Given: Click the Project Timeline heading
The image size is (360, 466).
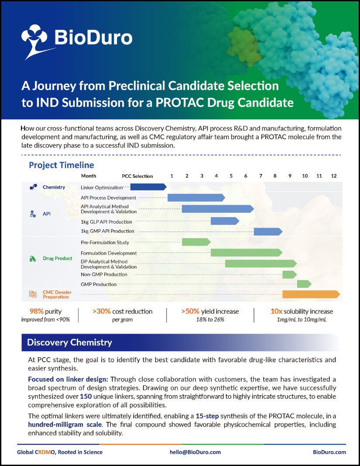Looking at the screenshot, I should click(x=61, y=165).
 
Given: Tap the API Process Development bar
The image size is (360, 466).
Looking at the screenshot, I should click(x=196, y=197).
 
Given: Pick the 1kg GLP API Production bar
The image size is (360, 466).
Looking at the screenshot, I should click(x=225, y=221).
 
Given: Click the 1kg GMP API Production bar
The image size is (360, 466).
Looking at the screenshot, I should click(x=268, y=231).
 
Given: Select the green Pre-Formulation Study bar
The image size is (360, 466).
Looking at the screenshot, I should click(x=196, y=242).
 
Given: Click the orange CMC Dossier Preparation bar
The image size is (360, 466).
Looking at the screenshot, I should click(x=311, y=294).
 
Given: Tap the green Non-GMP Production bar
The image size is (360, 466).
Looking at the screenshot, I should click(x=289, y=274).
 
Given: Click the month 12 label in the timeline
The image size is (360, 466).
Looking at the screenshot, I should click(x=334, y=176).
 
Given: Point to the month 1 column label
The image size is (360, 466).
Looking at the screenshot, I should click(x=172, y=176).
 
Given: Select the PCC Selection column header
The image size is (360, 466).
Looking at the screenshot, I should click(x=137, y=176).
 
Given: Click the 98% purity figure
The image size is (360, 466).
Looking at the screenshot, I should click(x=29, y=311).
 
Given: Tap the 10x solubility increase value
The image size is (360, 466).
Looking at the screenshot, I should click(x=277, y=311).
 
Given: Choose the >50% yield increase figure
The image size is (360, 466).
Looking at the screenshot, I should click(x=190, y=311).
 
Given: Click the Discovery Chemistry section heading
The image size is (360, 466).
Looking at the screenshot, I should click(x=69, y=342).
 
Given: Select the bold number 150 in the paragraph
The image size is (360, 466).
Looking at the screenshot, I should click(x=86, y=397).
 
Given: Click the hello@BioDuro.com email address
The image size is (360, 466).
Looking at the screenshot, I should click(x=195, y=452).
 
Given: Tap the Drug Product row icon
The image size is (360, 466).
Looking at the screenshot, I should click(x=33, y=259).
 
